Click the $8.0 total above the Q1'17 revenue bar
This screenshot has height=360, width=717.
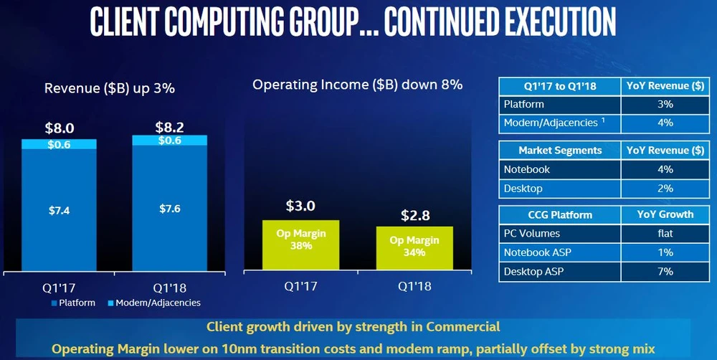[x=59, y=129]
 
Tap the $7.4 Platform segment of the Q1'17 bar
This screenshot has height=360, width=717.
[x=59, y=210]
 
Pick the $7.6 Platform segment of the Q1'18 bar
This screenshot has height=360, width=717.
[x=169, y=210]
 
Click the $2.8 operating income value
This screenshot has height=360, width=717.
[x=414, y=215]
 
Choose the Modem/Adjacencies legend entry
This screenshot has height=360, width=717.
[x=154, y=303]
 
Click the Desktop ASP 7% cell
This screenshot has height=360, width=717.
[x=665, y=271]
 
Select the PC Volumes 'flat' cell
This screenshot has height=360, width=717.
[x=665, y=233]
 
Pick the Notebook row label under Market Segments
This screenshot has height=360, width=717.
[x=527, y=169]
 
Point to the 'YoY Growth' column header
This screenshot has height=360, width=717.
[x=665, y=214]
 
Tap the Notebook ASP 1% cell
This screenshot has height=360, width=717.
[x=665, y=252]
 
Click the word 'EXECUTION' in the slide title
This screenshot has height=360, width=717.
[x=529, y=23]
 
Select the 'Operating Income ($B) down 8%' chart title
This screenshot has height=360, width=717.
[x=357, y=85]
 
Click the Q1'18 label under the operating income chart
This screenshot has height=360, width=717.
[x=414, y=285]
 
